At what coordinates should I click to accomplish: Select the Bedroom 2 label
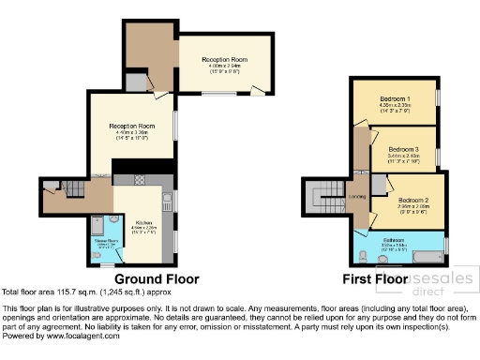point(412,200)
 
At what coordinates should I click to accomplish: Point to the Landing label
point(356,197)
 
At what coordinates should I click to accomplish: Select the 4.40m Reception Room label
point(131,126)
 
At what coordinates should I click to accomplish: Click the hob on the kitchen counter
point(139,179)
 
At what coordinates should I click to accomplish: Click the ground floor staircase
point(62,187)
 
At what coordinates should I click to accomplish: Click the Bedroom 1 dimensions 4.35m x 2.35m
point(396,106)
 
